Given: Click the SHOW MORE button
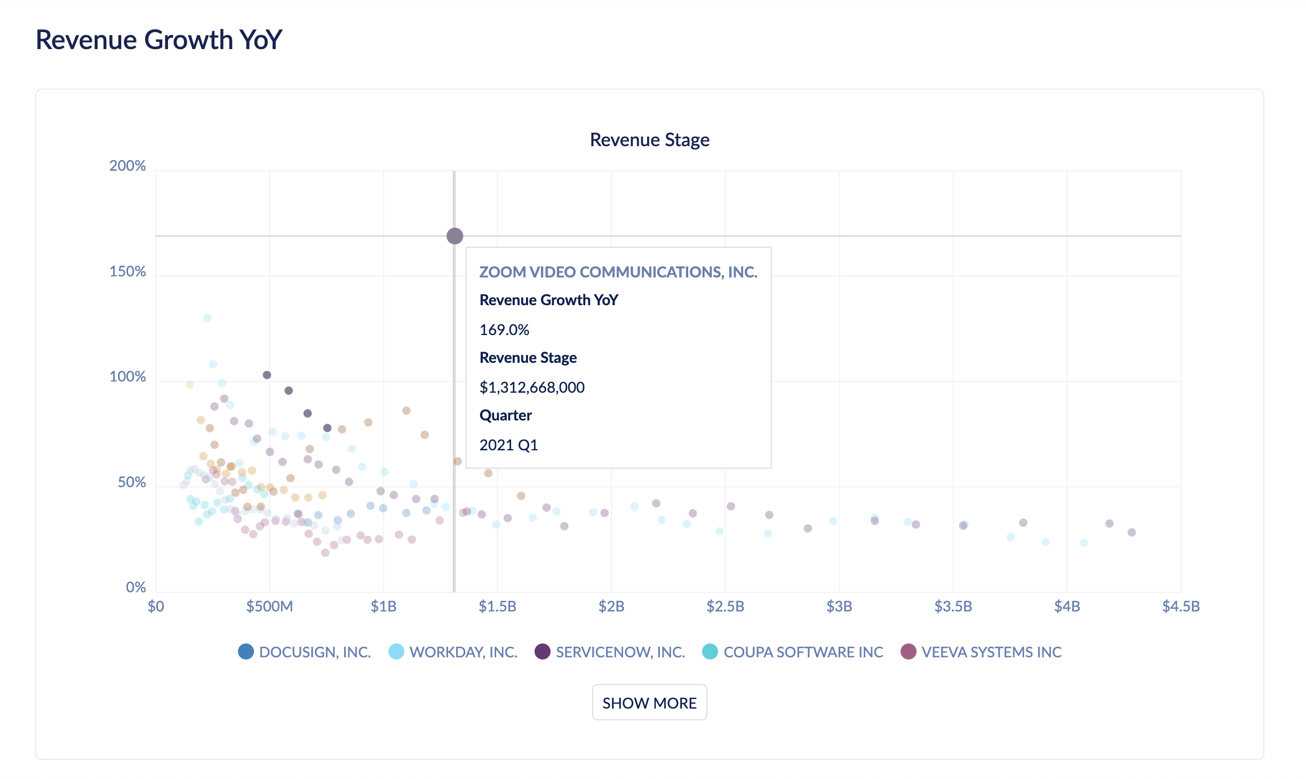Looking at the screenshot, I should pos(649,703).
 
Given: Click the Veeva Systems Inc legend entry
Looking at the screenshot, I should pos(981,652).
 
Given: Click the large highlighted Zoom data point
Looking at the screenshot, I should pos(455,236).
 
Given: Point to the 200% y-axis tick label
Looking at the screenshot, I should pos(128,166).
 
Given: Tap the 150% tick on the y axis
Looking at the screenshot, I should pos(128,272).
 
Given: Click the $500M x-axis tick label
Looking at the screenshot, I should pos(269,607).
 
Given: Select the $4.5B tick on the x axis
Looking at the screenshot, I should pos(1181,607).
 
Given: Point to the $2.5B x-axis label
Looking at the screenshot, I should pos(725,607).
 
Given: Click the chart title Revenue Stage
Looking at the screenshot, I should pos(649,140).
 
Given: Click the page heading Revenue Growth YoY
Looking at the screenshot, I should pos(158,40).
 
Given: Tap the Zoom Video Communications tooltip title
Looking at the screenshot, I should pos(618,272).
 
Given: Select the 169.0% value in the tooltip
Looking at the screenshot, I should pos(504,330).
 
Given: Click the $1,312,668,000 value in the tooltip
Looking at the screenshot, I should pos(532,387).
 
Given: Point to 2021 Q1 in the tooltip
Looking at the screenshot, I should pos(508,445).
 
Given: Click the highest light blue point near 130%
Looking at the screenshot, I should pos(208,318).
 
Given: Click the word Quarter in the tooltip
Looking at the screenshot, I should pos(505,415).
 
